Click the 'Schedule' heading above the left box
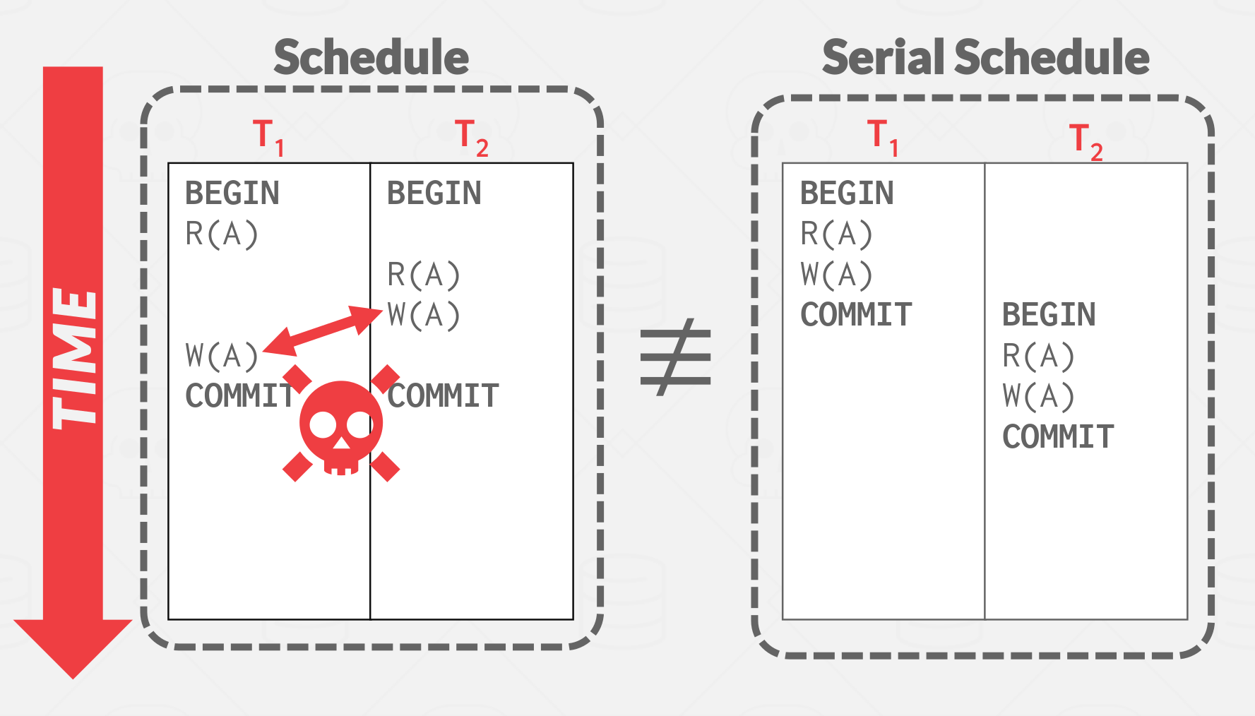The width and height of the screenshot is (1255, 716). coord(371,57)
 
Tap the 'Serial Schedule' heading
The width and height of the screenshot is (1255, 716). coord(985,57)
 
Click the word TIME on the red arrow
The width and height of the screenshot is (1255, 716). coord(73,358)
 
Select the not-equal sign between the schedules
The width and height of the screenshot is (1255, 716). coord(675,357)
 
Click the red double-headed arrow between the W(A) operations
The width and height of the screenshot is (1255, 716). coord(322,330)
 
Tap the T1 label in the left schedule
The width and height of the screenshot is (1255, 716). coord(268,136)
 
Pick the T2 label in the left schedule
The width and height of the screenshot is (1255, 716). coord(471,137)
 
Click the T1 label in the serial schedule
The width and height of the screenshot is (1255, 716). coord(883,136)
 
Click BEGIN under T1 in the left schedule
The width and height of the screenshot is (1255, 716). coord(232,193)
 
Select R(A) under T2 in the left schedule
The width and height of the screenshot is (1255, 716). coord(424,275)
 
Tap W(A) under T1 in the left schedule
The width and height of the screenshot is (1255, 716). coord(222,355)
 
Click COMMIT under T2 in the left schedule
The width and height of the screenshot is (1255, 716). coord(444,396)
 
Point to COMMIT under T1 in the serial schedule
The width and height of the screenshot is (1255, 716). coord(856,315)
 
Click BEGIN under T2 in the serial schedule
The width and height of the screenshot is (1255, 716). coord(1049,315)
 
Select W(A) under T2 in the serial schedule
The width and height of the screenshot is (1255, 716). coord(1038,396)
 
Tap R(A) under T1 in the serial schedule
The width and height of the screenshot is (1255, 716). coord(836,234)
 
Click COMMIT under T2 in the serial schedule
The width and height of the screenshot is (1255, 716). coord(1058,437)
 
